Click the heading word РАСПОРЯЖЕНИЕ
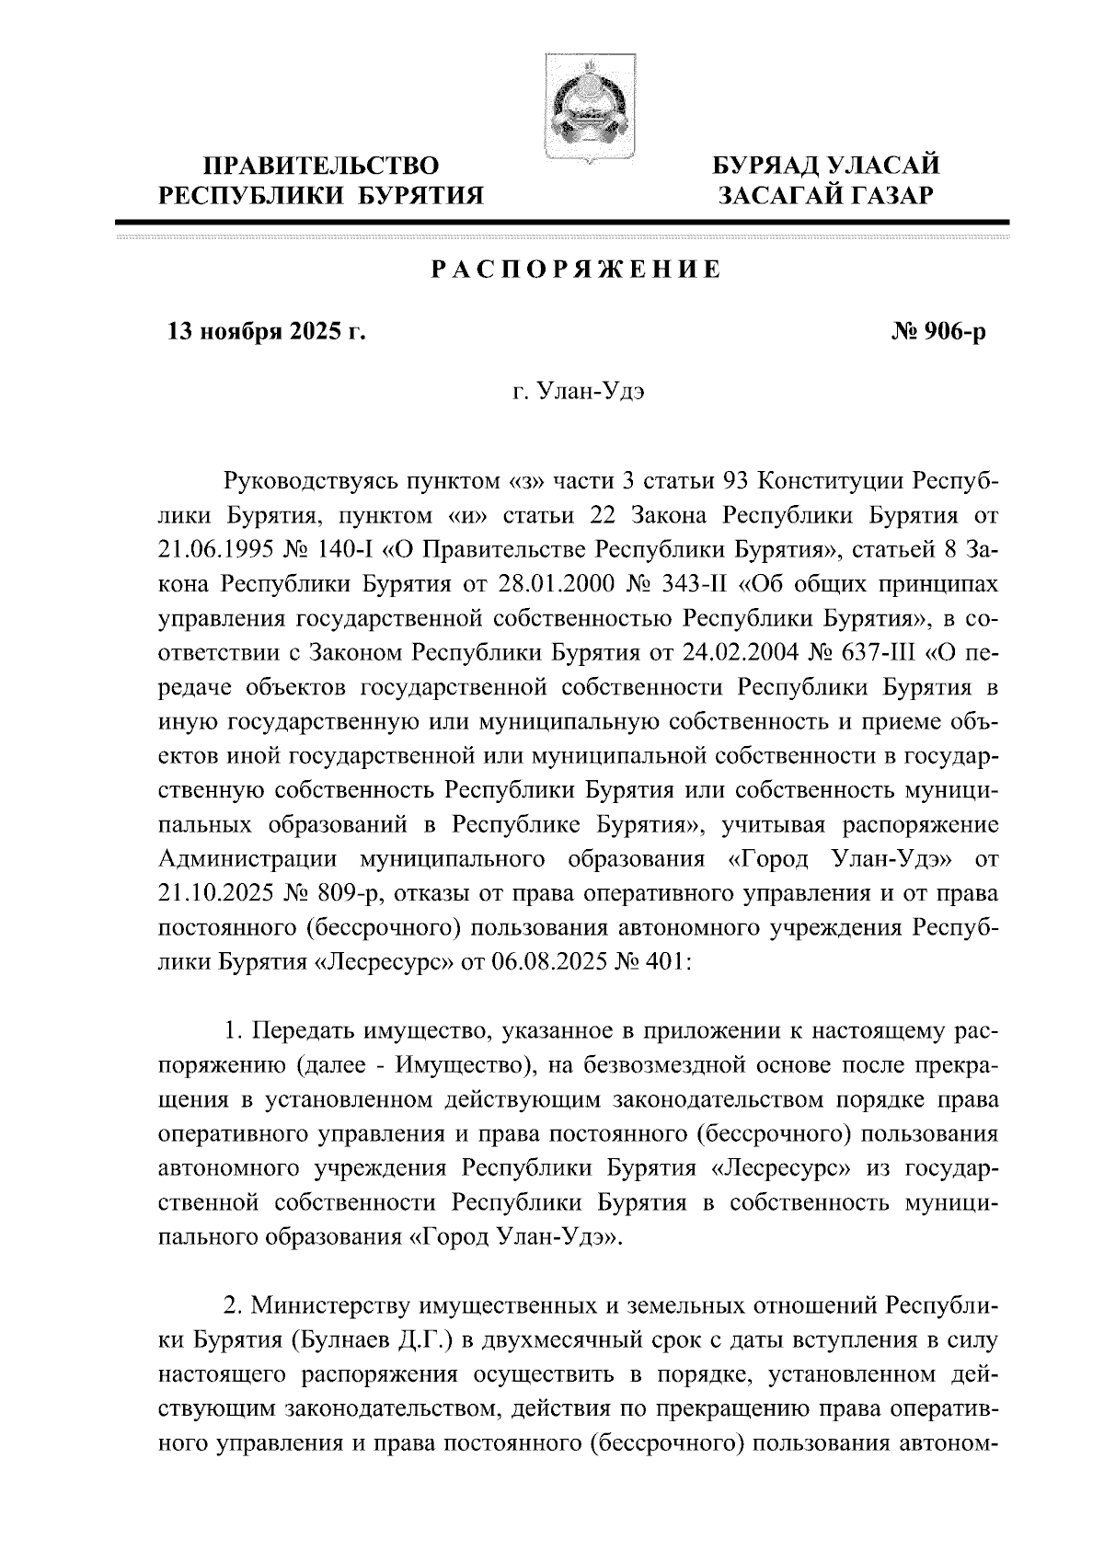(576, 270)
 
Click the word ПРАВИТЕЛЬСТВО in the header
(321, 167)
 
